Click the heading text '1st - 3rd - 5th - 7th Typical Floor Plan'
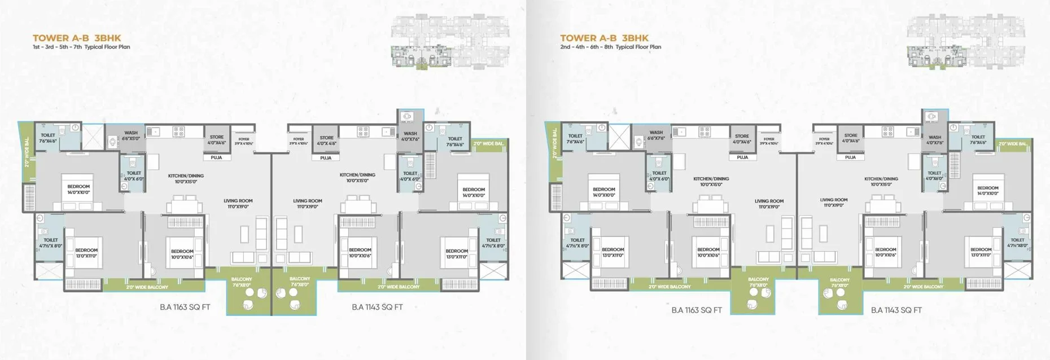click(x=81, y=47)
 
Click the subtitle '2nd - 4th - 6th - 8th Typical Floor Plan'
click(x=610, y=47)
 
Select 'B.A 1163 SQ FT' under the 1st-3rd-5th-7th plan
click(x=185, y=308)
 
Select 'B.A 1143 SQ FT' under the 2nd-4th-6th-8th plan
click(x=896, y=310)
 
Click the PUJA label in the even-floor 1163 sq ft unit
click(x=742, y=157)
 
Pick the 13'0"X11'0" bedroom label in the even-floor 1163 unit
click(x=613, y=252)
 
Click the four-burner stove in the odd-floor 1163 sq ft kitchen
click(x=178, y=132)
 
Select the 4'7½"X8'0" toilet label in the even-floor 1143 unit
click(x=1017, y=243)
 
